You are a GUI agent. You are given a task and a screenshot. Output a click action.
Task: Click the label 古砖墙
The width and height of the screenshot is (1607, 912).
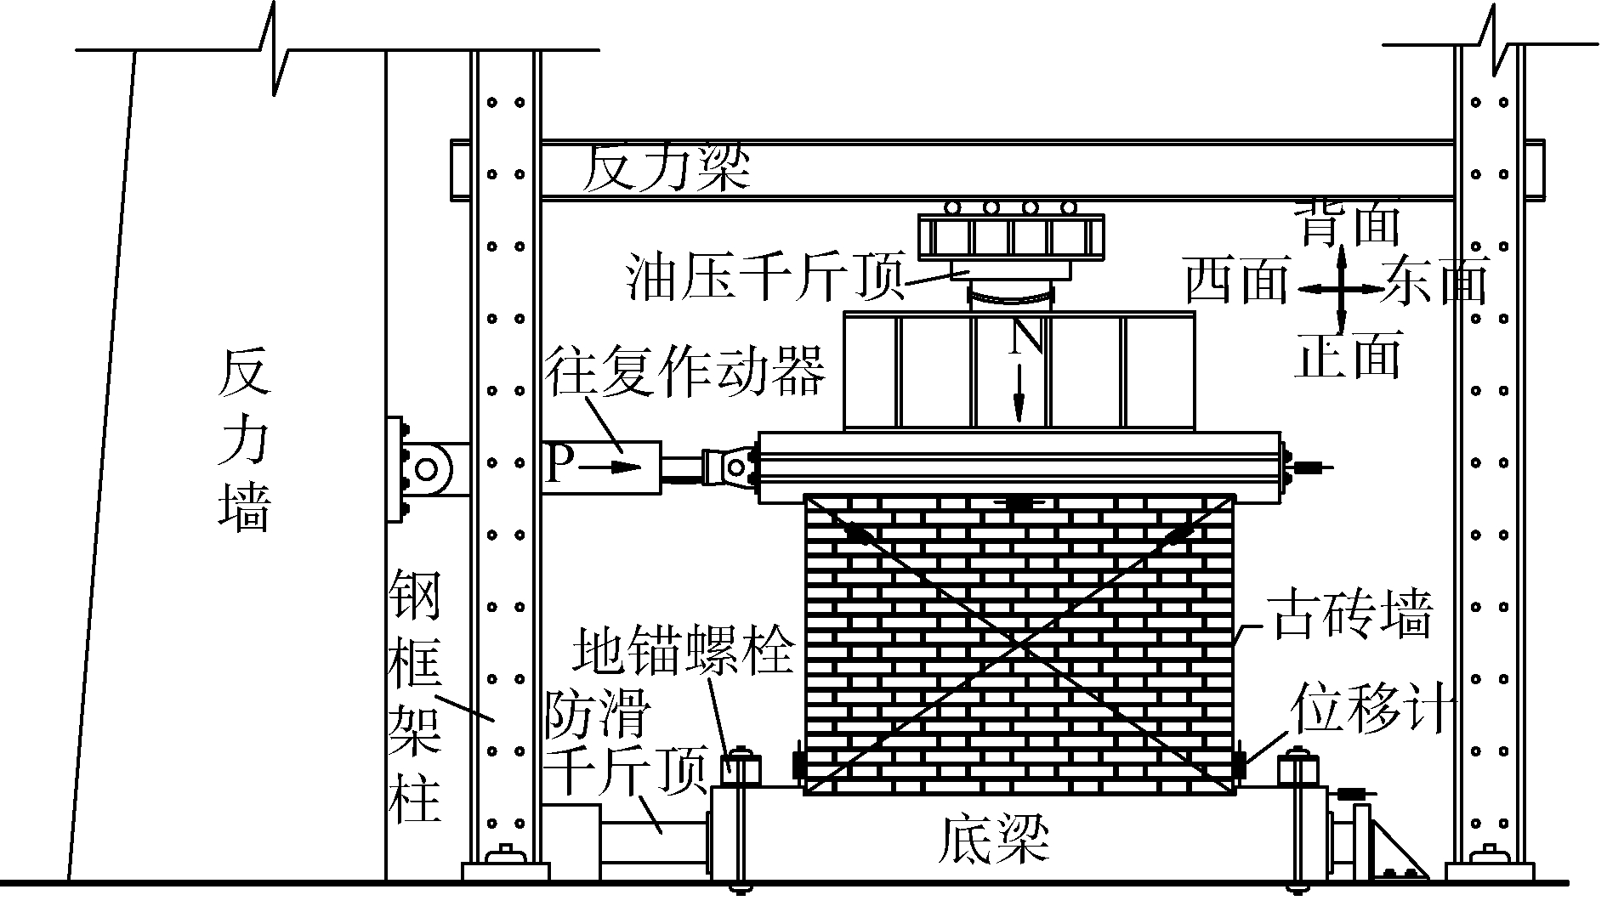[x=1349, y=615]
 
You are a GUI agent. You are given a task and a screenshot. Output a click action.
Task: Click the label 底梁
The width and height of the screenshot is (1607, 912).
[x=993, y=839]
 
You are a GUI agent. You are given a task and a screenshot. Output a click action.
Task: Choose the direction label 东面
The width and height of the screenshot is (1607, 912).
[x=1435, y=280]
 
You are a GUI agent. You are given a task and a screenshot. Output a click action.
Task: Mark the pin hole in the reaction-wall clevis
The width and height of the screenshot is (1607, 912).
[x=425, y=468]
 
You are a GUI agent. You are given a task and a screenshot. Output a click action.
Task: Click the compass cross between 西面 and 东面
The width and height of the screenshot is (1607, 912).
[x=1341, y=289]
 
